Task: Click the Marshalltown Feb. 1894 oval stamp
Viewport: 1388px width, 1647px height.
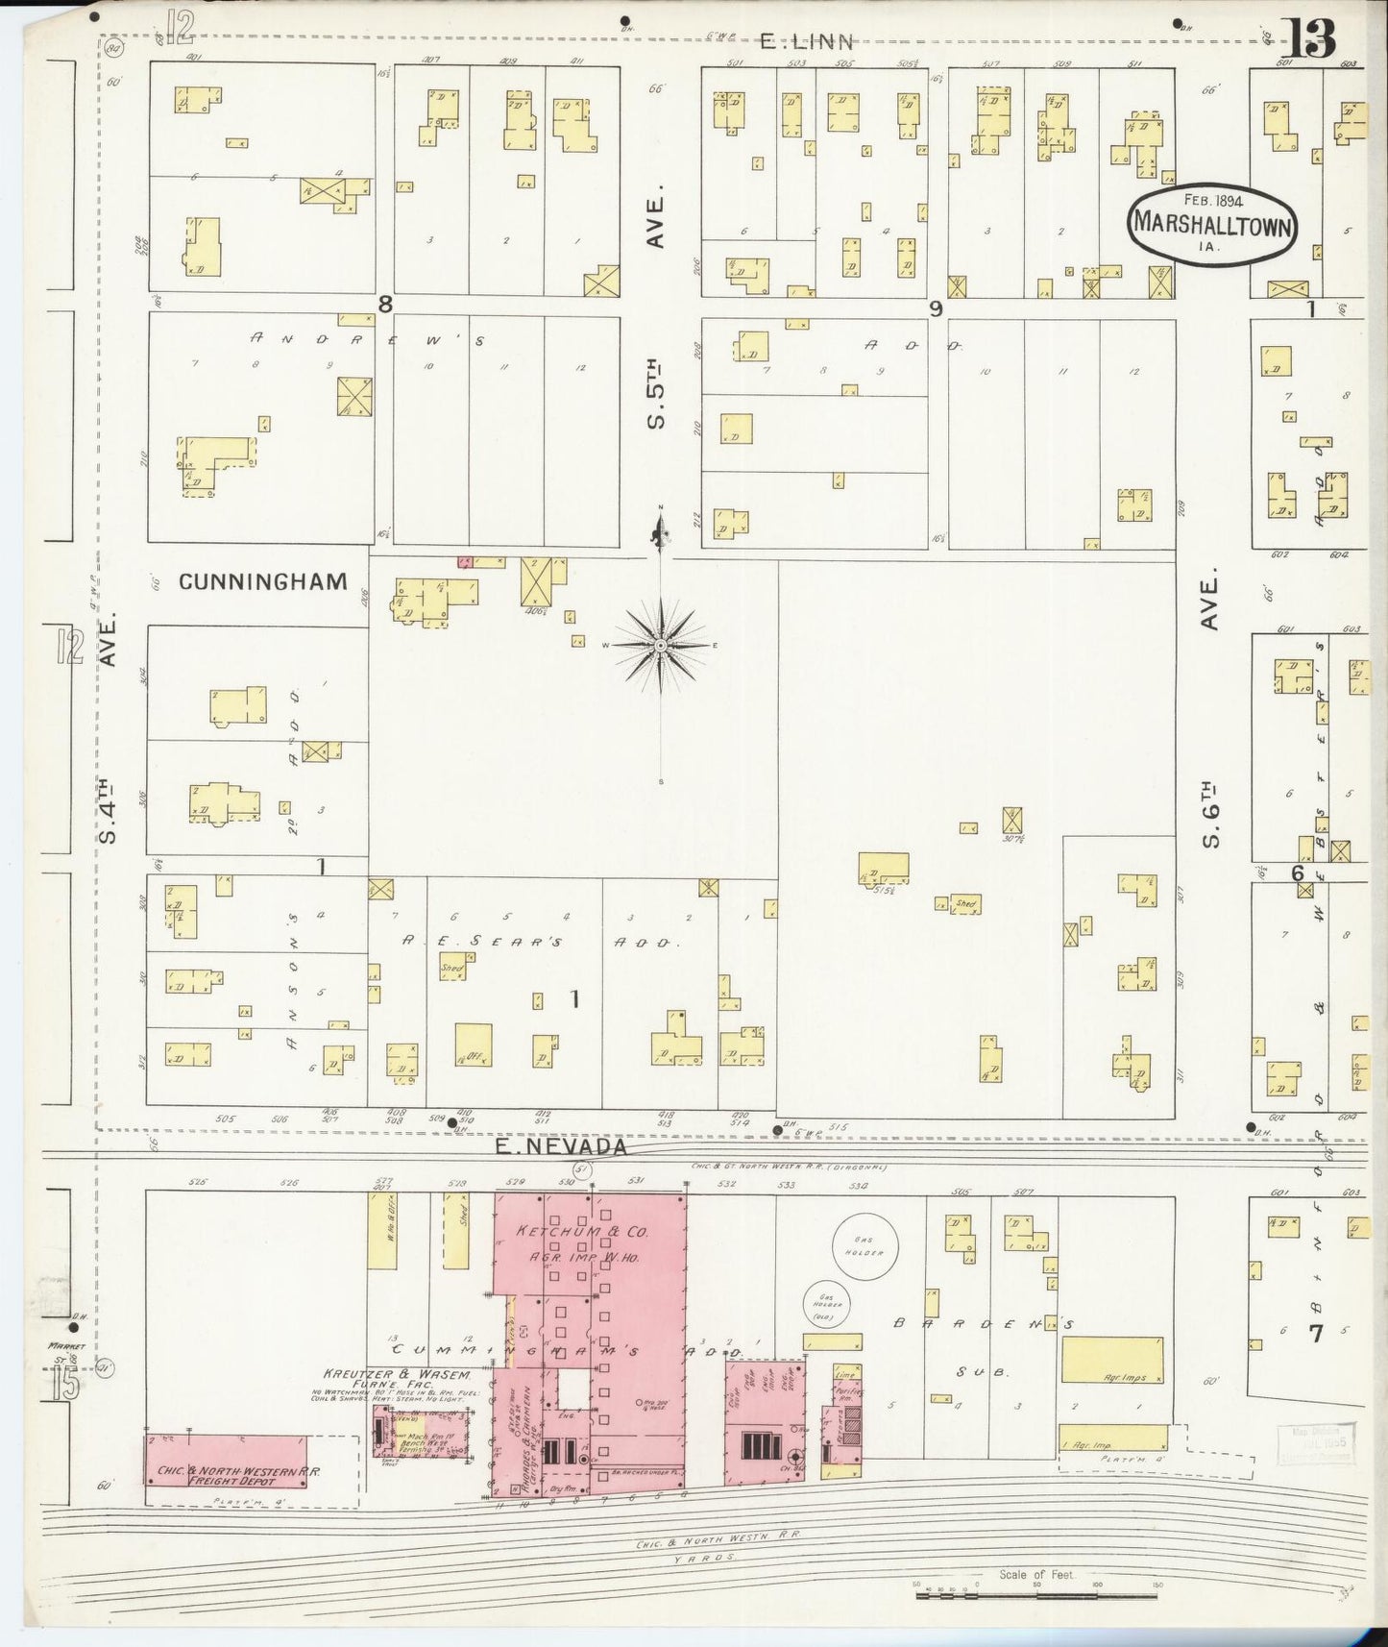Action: (1213, 222)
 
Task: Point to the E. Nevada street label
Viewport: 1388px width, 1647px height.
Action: (561, 1146)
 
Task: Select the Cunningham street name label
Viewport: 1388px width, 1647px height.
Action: (262, 580)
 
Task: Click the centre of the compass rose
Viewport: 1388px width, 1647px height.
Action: (661, 646)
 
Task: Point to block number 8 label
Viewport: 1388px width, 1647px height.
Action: (385, 305)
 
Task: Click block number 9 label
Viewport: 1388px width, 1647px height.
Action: (935, 308)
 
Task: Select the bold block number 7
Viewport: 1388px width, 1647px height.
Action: (1315, 1333)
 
